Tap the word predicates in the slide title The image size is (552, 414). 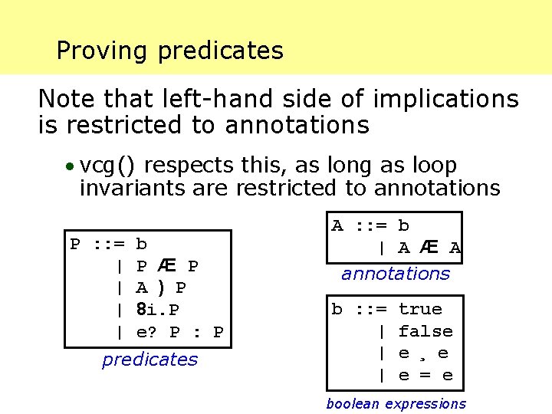(x=221, y=51)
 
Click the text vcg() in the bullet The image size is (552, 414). (x=108, y=166)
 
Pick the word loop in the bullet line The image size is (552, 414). (x=432, y=166)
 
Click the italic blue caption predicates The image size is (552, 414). (x=149, y=360)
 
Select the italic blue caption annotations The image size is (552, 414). (x=396, y=274)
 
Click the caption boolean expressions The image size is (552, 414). (x=396, y=404)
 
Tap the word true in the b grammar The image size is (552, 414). (x=420, y=309)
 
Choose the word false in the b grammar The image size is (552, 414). (x=426, y=331)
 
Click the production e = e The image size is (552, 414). (x=426, y=376)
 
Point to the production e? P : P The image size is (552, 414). (x=179, y=333)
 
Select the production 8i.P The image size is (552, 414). (x=158, y=310)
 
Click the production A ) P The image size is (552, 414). (x=161, y=288)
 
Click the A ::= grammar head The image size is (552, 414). (x=359, y=225)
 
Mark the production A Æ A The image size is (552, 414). (x=429, y=248)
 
